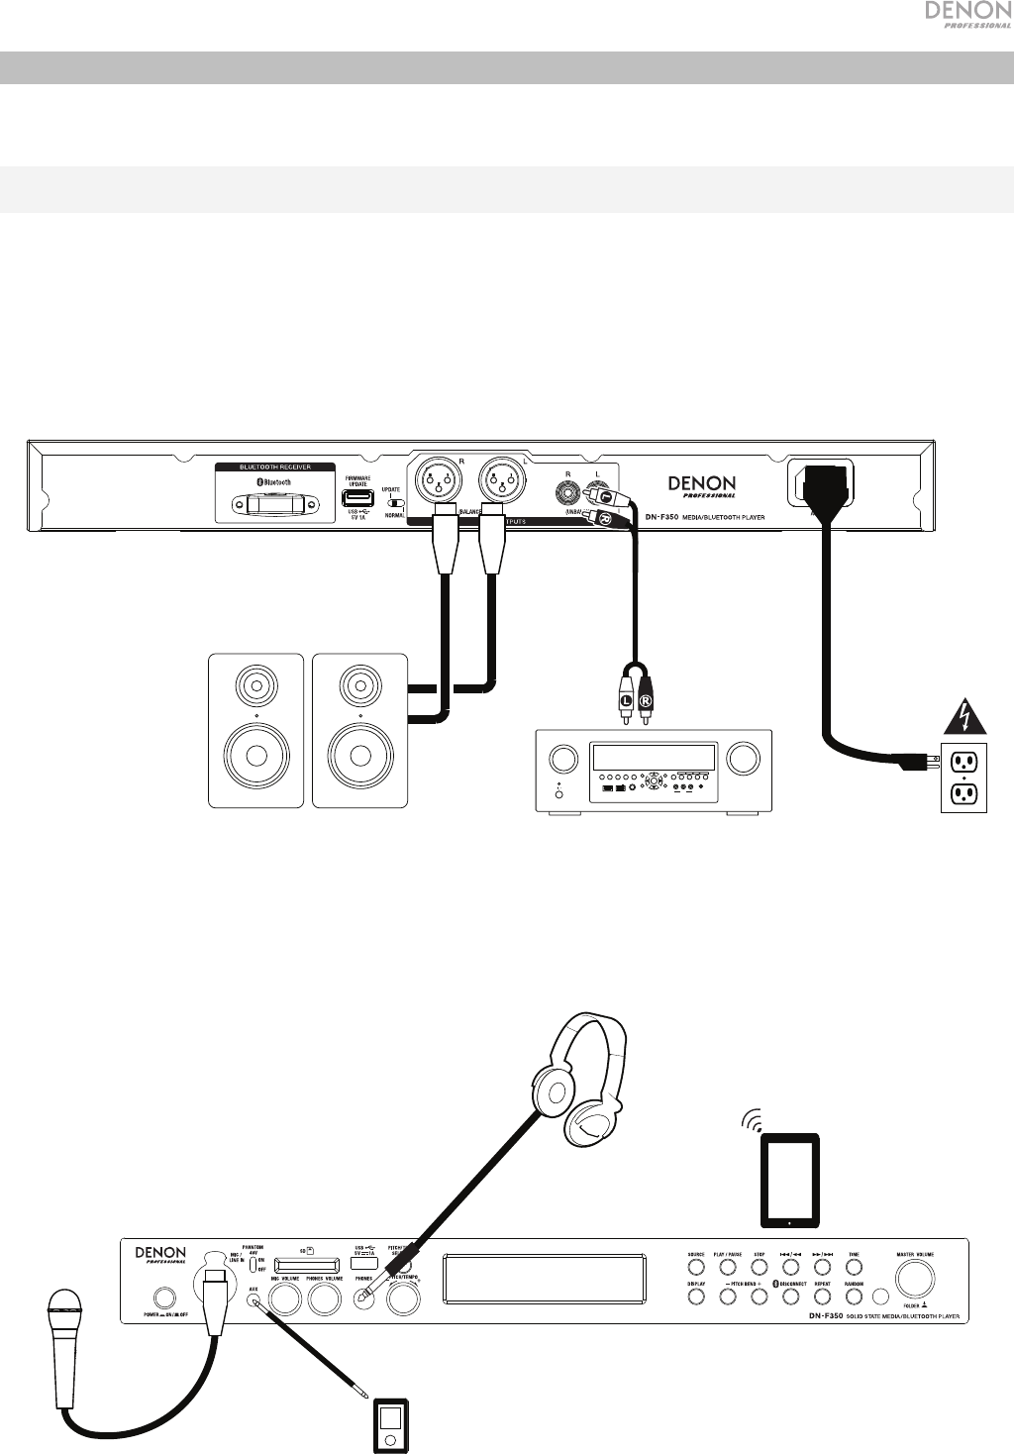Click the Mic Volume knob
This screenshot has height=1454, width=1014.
tap(285, 1298)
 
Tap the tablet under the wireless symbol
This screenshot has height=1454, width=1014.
tap(788, 1180)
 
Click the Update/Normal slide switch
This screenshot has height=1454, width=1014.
tap(396, 503)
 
